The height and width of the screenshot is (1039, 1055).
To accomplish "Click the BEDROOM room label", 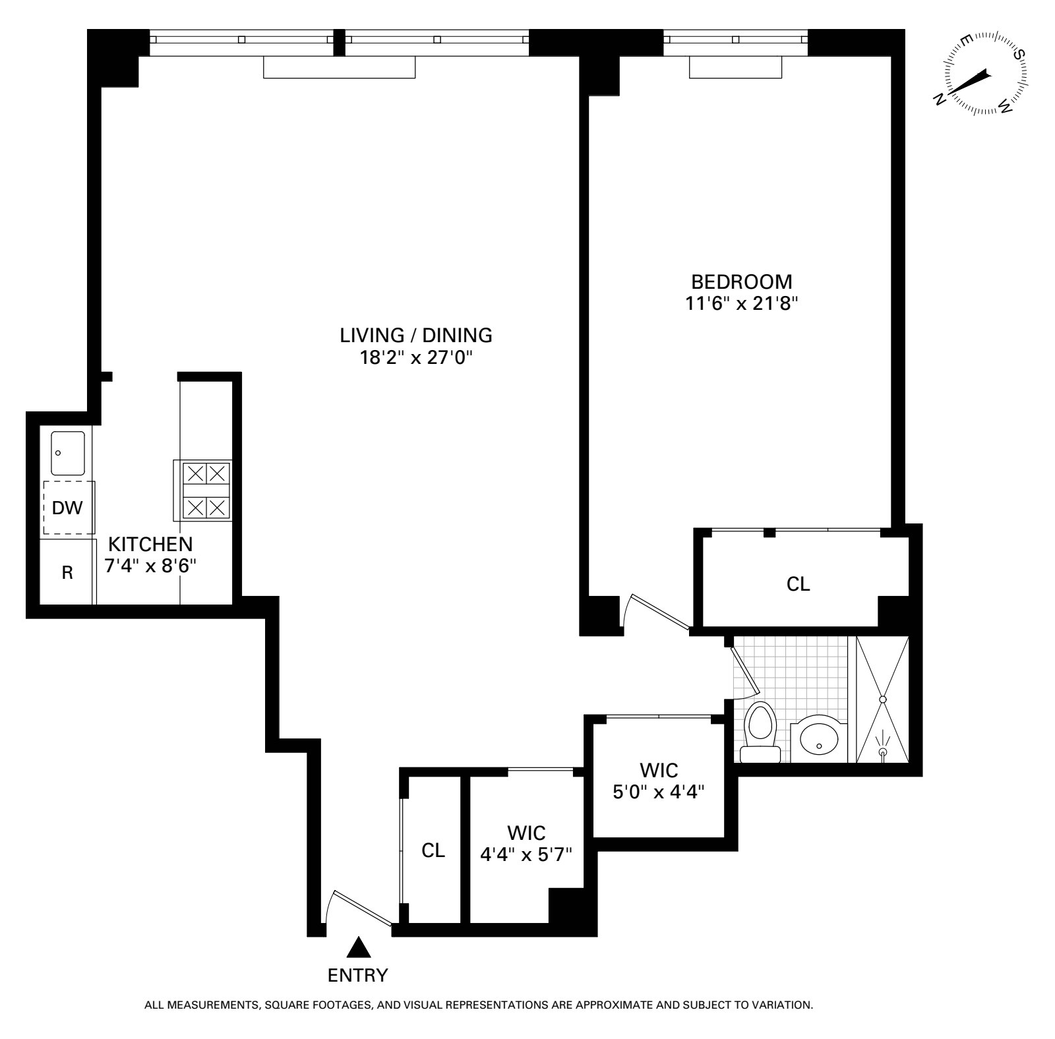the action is tap(741, 282).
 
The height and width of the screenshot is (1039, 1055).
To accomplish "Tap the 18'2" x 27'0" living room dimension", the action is tap(415, 358).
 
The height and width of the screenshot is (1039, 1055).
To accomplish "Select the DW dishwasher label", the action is tap(67, 508).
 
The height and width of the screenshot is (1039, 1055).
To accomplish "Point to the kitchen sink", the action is tap(68, 453).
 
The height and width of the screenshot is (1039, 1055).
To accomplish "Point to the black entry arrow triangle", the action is tap(359, 947).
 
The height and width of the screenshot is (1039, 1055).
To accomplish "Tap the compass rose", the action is tap(982, 74).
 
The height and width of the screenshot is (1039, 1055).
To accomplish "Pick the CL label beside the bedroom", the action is tap(799, 584).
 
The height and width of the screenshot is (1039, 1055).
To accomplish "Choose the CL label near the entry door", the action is tap(433, 850).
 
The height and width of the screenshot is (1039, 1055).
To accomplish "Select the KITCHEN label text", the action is tap(150, 545).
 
